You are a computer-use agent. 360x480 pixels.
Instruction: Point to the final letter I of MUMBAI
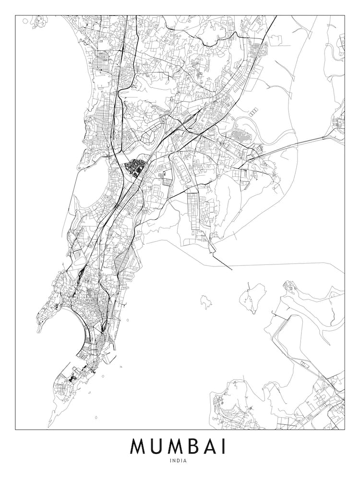tap(224, 446)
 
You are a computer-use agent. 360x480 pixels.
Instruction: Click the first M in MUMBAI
tap(138, 446)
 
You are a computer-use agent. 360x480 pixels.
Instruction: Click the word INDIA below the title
tap(178, 461)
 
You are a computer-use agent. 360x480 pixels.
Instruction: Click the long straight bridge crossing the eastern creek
tap(293, 145)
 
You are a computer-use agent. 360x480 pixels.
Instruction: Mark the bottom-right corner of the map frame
tap(344, 429)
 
